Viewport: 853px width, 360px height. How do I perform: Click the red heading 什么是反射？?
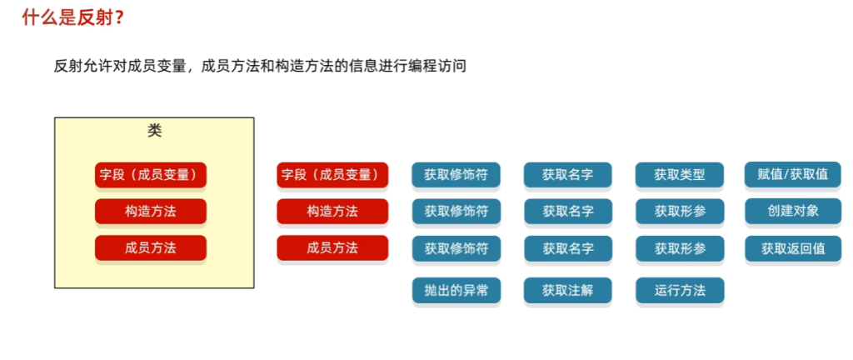click(73, 18)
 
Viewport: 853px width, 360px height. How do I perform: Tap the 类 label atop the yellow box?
click(154, 131)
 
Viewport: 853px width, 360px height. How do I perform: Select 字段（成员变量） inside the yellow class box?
click(151, 175)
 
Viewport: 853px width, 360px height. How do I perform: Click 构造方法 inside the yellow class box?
click(151, 212)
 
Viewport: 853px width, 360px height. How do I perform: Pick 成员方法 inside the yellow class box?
click(151, 248)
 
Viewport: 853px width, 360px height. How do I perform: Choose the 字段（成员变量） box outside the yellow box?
click(332, 175)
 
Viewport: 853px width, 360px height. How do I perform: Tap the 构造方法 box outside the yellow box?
click(332, 212)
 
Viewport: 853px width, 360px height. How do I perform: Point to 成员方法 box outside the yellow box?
click(332, 248)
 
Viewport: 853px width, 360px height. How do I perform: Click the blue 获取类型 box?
click(680, 175)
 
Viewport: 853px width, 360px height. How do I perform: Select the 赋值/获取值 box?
click(793, 175)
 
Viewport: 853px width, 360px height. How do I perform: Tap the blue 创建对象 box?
click(793, 212)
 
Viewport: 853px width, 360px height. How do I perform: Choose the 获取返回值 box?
click(793, 248)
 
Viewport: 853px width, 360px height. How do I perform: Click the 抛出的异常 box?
click(456, 290)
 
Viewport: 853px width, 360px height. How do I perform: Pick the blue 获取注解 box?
click(568, 290)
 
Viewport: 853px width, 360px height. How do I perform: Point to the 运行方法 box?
click(680, 290)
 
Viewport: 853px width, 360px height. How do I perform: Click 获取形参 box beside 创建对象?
click(680, 212)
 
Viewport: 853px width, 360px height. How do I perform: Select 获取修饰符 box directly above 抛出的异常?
click(456, 248)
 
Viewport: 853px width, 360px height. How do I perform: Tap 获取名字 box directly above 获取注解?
click(568, 248)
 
